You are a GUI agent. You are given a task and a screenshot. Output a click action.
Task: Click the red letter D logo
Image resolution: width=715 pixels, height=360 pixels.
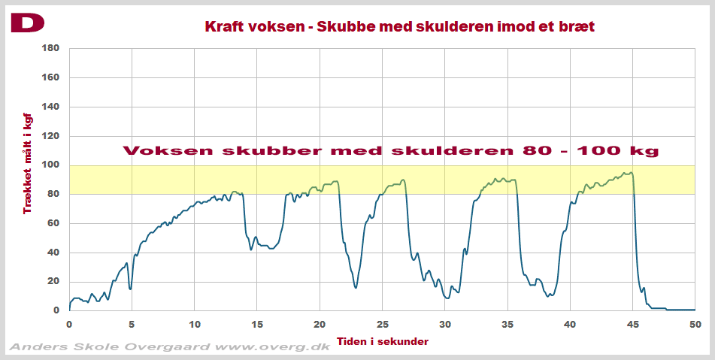tap(27, 23)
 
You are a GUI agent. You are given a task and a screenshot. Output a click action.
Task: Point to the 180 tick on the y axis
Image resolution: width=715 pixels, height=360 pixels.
tap(50, 48)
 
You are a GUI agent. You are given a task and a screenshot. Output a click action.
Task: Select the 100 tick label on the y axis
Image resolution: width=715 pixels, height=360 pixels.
tap(50, 165)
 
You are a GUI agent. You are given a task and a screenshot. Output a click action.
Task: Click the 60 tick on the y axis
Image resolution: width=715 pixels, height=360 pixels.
tap(53, 223)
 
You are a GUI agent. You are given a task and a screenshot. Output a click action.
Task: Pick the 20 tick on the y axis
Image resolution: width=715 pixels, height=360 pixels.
tap(53, 281)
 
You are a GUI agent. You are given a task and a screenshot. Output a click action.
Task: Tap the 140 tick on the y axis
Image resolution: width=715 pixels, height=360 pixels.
tap(50, 107)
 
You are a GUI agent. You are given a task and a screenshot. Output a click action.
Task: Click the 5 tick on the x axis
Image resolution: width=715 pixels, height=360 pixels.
tap(132, 325)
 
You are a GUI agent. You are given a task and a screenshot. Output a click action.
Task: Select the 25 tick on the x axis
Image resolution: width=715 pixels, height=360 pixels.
tap(382, 325)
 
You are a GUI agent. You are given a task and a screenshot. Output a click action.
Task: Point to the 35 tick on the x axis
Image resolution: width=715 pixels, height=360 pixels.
tap(507, 325)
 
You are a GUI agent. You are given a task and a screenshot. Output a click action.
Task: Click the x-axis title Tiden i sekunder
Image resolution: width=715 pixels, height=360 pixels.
tap(383, 341)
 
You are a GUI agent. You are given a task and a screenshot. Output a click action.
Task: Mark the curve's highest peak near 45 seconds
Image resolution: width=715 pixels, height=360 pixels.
tap(630, 173)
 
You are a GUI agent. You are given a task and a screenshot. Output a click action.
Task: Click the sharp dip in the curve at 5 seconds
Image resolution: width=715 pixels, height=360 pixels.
tap(131, 289)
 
